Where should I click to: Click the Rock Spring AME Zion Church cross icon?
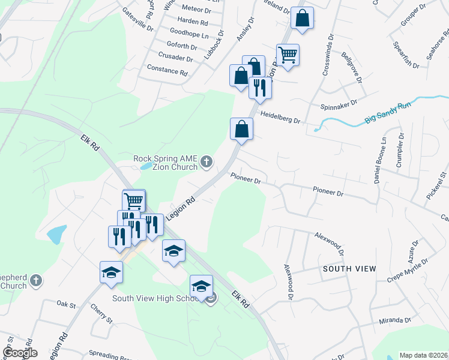pyautogui.click(x=206, y=161)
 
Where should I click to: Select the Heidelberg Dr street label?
pyautogui.click(x=280, y=120)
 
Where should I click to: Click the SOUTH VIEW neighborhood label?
pyautogui.click(x=349, y=268)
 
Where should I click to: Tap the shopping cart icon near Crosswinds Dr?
pyautogui.click(x=288, y=55)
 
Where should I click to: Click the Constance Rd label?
pyautogui.click(x=167, y=70)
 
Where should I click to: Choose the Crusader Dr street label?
pyautogui.click(x=173, y=59)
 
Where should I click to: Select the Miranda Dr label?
pyautogui.click(x=394, y=320)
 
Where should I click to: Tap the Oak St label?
pyautogui.click(x=67, y=305)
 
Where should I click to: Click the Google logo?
pyautogui.click(x=20, y=353)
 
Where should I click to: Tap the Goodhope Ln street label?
pyautogui.click(x=189, y=34)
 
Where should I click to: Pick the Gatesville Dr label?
pyautogui.click(x=137, y=19)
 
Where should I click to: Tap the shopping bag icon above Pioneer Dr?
pyautogui.click(x=241, y=129)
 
